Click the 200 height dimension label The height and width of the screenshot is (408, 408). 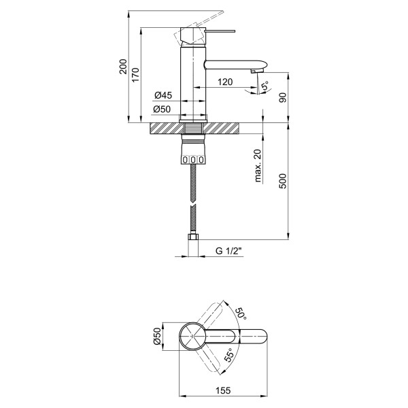point(123,67)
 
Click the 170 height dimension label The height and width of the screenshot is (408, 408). point(135,75)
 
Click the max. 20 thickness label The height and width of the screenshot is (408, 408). point(259,166)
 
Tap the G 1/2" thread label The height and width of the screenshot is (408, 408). point(228,251)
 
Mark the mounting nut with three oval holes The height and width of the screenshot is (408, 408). point(194,159)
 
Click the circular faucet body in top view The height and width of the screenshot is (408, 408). point(191,336)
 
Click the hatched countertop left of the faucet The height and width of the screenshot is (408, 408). point(164,129)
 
